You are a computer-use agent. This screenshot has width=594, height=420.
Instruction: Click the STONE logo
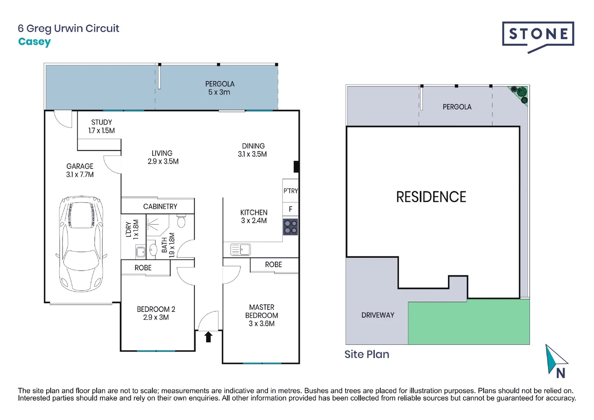tap(538, 35)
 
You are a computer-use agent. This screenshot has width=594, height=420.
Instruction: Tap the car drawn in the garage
tap(81, 244)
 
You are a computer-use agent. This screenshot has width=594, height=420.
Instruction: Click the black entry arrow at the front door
tap(208, 337)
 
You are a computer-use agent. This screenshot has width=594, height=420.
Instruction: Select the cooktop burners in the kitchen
tap(290, 227)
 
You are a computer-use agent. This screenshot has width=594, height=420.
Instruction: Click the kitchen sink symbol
tap(240, 249)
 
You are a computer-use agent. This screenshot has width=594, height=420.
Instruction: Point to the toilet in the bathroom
tap(181, 222)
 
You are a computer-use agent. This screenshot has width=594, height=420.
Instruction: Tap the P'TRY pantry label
tap(290, 191)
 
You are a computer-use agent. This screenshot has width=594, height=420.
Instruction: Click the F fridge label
tap(290, 209)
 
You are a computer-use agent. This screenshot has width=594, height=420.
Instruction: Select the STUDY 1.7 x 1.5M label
tap(101, 126)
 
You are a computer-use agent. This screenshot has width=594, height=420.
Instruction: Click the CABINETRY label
tap(160, 206)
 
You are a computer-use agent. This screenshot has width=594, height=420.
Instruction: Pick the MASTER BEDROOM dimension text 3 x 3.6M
tap(261, 324)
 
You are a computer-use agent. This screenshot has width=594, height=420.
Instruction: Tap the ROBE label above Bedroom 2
tap(143, 268)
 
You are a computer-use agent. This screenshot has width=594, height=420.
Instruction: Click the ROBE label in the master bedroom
tap(273, 264)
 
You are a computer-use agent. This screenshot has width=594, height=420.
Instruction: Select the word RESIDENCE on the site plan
tap(431, 197)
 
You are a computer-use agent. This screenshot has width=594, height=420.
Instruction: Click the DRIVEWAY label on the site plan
tap(378, 315)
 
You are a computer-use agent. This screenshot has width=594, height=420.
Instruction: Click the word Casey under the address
tap(34, 42)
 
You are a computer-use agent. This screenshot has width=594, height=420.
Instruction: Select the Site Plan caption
tap(366, 354)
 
